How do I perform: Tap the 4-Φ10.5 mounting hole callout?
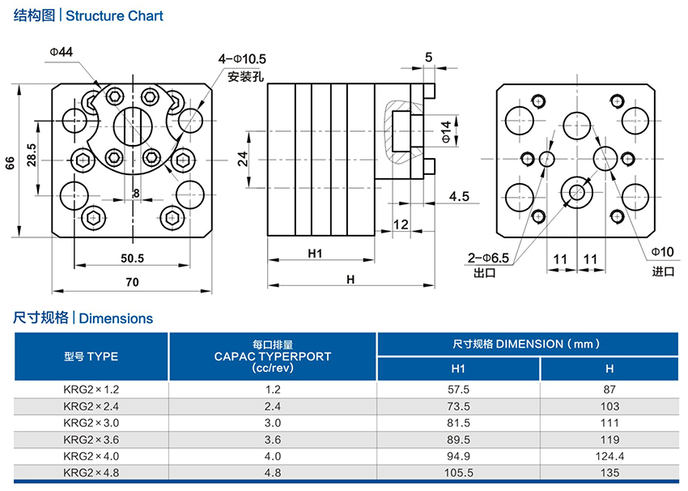coord(242,60)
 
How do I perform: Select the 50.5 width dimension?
coord(132,258)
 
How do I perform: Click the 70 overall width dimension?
coord(132,283)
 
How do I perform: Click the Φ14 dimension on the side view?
coord(446,130)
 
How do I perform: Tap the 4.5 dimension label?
coord(459,196)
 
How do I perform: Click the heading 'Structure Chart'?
coord(114,15)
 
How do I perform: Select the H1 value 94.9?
coord(458,457)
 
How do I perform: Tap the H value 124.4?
coord(609,457)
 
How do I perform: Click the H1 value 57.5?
coord(458,389)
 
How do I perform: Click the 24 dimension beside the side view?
coord(242,159)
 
